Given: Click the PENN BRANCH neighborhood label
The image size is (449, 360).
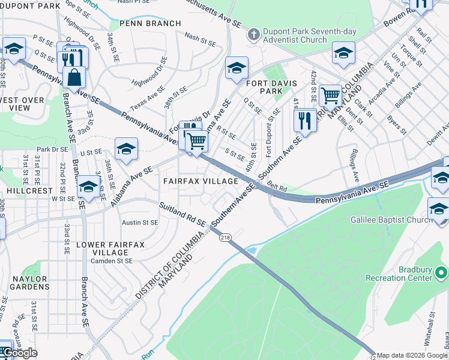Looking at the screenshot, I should [x=150, y=23].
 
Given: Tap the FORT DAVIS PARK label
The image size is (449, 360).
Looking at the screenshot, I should [x=262, y=86].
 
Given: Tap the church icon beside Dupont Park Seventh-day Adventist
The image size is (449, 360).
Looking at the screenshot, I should [x=254, y=34].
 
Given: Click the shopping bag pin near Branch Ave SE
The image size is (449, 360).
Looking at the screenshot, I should [x=74, y=78].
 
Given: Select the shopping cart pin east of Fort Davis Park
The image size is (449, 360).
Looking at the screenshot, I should [x=330, y=95].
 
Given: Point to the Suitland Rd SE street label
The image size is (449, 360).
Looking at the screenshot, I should [x=181, y=215].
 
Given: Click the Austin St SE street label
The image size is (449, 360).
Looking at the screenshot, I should [x=140, y=222].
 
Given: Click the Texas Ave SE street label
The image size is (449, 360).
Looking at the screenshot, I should [x=147, y=97].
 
